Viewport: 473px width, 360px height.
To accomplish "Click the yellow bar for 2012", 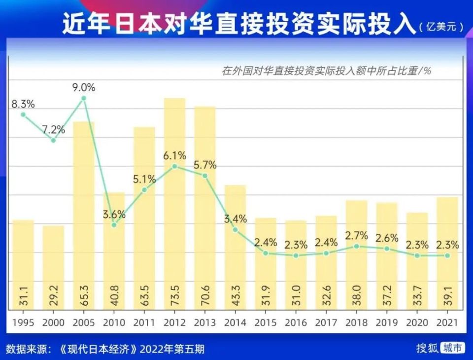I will (174, 207).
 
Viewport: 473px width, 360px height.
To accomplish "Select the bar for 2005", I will (84, 217).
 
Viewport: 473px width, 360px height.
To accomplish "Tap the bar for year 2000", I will (53, 266).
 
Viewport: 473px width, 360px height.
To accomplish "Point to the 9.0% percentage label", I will (84, 88).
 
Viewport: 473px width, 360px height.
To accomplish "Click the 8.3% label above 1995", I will (23, 104).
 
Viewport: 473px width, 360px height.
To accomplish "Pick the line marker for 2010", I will (114, 225).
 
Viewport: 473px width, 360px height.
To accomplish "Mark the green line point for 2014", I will (235, 230).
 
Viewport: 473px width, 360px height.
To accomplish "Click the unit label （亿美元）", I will (441, 27).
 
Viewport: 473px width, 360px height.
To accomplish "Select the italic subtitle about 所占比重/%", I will (326, 71).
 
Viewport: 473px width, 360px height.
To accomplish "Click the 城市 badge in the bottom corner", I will (452, 348).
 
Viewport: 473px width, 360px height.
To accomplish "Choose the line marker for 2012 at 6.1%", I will (174, 167).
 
